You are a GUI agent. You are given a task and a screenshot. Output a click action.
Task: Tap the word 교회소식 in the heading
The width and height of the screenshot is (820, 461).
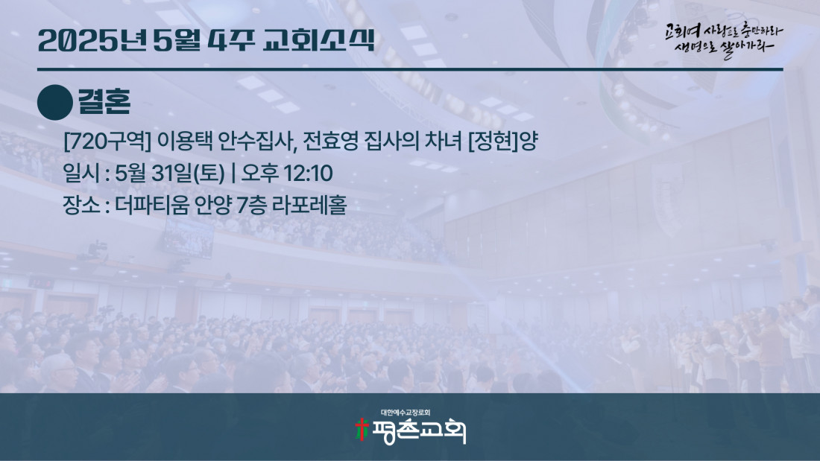(x=318, y=40)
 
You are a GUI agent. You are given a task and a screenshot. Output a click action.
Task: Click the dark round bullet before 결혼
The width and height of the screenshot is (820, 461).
(x=55, y=103)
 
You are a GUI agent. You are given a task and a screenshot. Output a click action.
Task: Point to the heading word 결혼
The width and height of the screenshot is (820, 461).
(x=104, y=101)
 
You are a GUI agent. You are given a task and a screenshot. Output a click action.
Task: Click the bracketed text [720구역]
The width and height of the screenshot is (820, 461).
(x=107, y=141)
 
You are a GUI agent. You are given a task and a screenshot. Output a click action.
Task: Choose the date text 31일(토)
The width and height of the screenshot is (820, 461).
(x=188, y=174)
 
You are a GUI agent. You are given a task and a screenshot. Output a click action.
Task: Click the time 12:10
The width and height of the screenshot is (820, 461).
(x=308, y=174)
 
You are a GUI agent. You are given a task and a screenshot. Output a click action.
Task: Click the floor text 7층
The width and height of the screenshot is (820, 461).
(x=250, y=205)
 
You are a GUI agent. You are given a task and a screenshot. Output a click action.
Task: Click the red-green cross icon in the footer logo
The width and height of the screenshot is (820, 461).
(x=362, y=430)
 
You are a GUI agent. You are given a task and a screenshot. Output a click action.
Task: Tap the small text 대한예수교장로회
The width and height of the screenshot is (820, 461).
(x=406, y=413)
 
